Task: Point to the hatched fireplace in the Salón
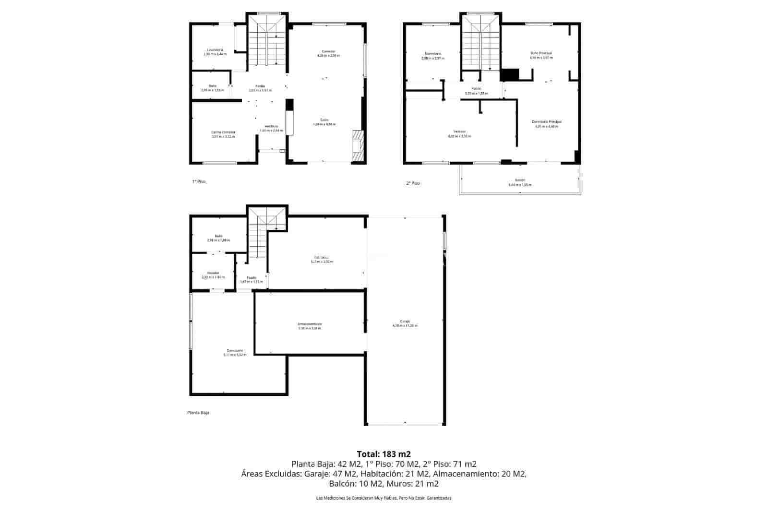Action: tap(358, 146)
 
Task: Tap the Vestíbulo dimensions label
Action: tap(271, 131)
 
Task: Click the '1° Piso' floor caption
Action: tap(199, 181)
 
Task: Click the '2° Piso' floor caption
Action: tap(413, 183)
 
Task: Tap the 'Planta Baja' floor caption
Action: tap(198, 413)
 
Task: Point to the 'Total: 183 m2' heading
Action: tap(384, 453)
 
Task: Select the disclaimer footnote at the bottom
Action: tap(384, 498)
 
